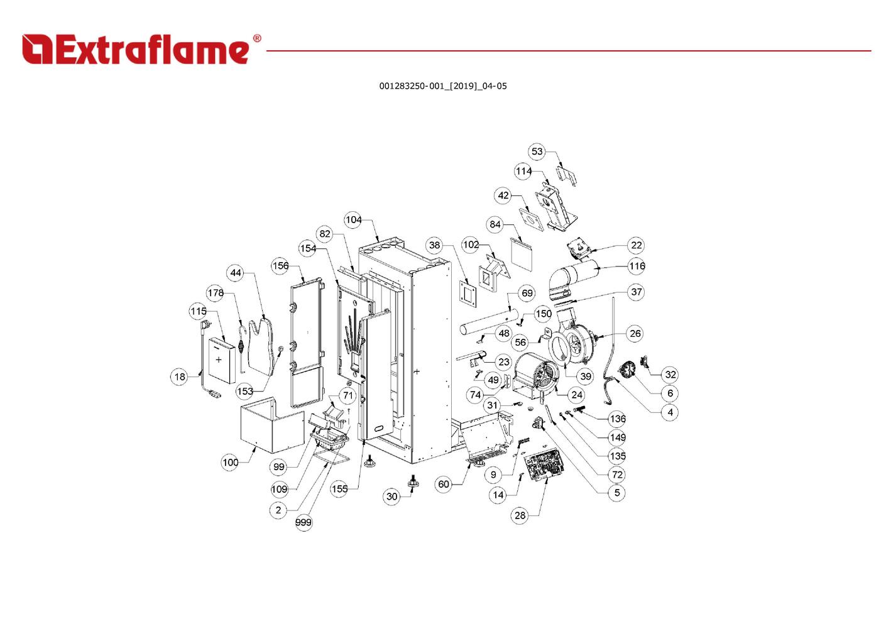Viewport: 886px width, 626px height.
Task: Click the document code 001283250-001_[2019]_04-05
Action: [x=442, y=86]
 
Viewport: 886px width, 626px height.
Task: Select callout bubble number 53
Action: [x=537, y=151]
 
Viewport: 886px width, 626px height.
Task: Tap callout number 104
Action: [x=353, y=219]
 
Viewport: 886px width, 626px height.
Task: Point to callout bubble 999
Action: [x=304, y=522]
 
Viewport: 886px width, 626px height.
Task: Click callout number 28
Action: [x=520, y=515]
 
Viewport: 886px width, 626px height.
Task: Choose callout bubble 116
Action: [x=637, y=266]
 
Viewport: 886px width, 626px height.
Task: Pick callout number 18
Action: [x=180, y=376]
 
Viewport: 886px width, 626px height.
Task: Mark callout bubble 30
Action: [x=391, y=497]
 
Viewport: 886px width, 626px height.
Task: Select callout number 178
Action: [x=216, y=293]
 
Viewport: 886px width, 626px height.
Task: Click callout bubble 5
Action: [x=617, y=493]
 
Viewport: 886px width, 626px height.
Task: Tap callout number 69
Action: [x=527, y=293]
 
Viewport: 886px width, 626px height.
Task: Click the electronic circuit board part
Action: [x=544, y=464]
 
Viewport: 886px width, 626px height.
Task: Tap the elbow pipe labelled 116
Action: [x=574, y=277]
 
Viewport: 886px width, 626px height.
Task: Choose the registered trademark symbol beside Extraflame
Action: [x=256, y=39]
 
